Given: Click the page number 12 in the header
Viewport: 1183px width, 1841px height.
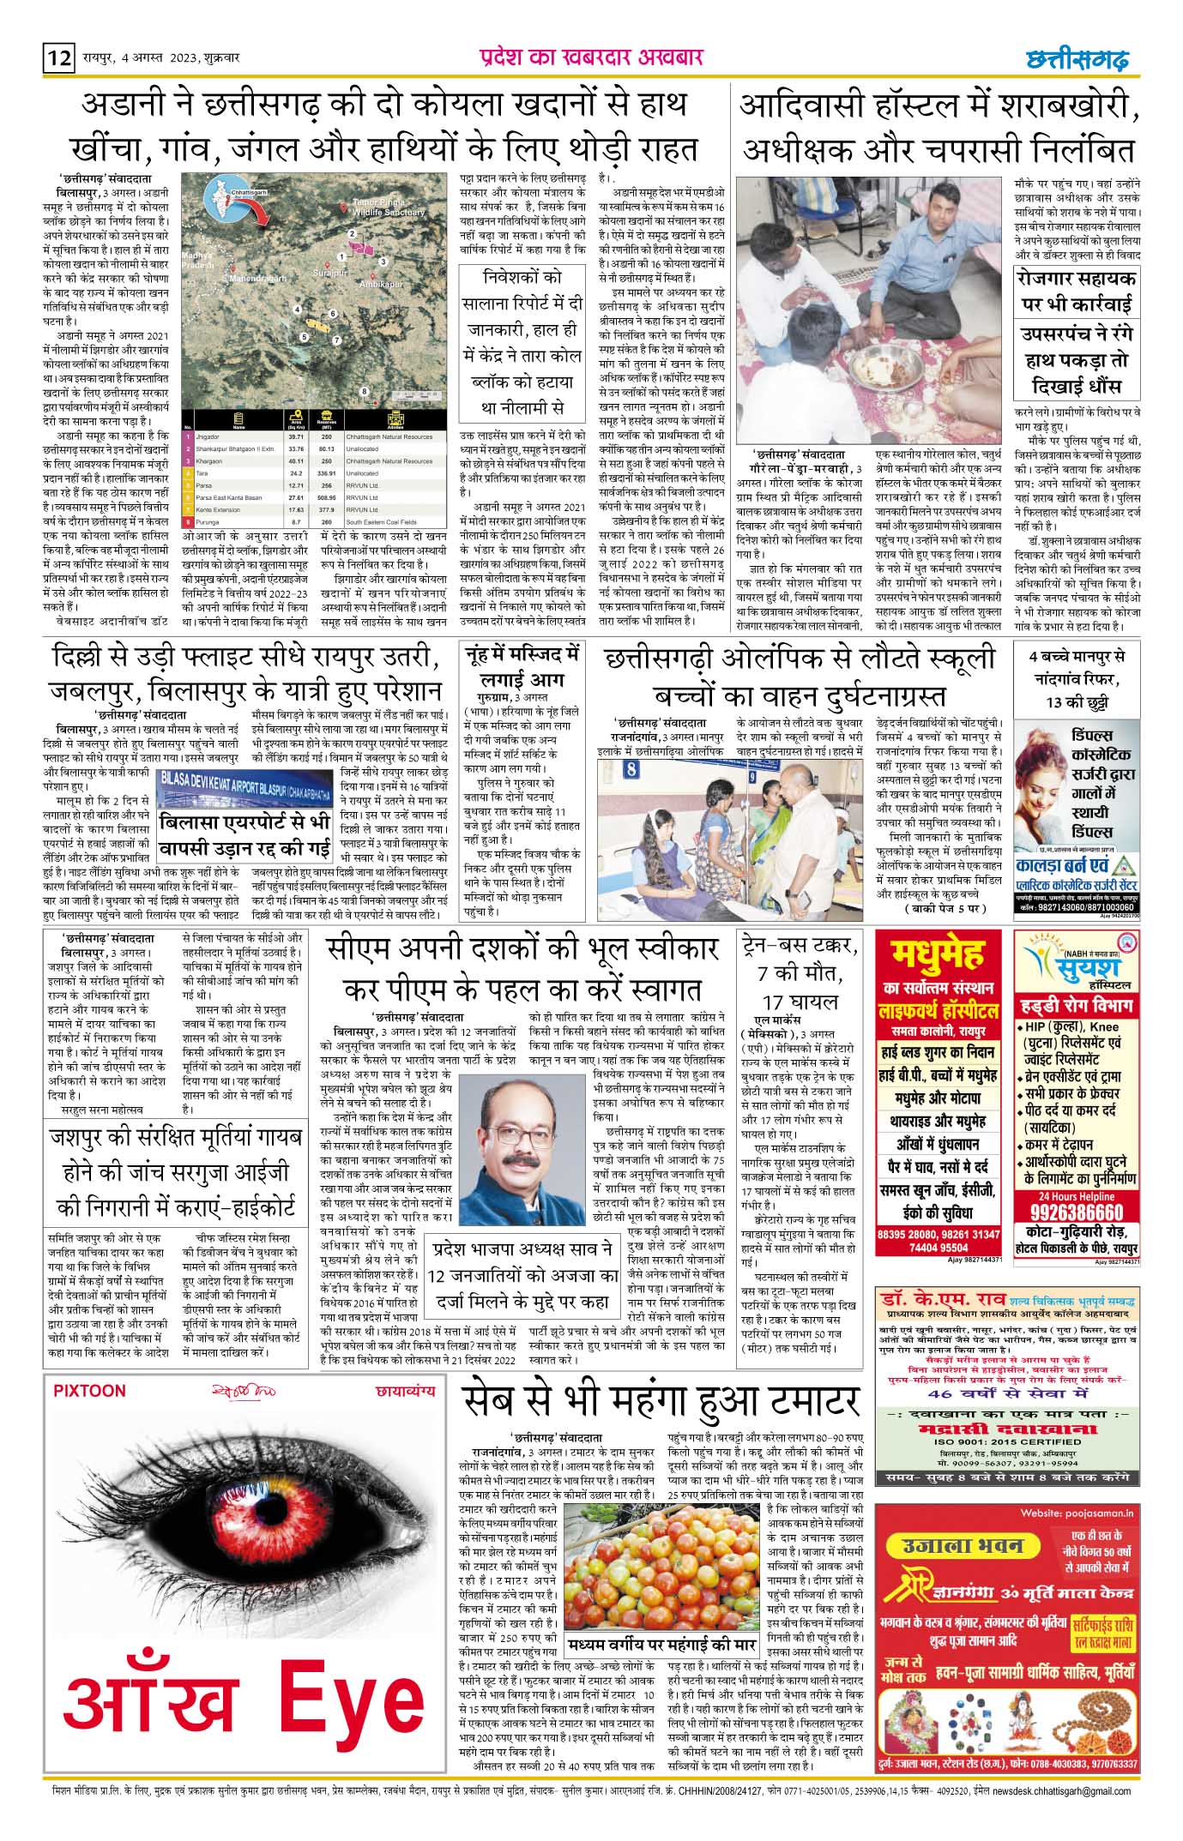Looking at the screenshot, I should point(59,59).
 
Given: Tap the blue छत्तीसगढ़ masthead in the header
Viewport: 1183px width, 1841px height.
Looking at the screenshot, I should point(1077,58).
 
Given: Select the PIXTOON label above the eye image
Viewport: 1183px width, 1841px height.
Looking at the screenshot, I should point(89,1390).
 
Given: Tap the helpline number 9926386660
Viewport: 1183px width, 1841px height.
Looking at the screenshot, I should point(1076,1212).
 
